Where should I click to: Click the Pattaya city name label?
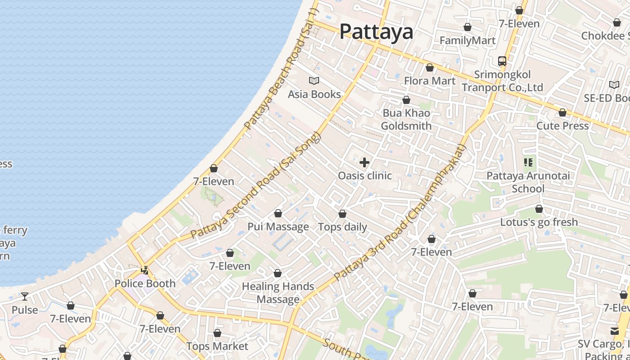(376, 31)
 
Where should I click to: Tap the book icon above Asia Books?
(314, 81)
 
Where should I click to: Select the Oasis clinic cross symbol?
(364, 162)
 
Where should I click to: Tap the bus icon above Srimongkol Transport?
(502, 61)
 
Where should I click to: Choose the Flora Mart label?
(430, 81)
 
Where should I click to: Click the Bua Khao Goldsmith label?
(406, 119)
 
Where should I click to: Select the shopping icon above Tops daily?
(342, 214)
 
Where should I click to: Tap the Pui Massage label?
(278, 226)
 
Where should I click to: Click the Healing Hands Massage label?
(278, 292)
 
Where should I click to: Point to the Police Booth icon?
(145, 270)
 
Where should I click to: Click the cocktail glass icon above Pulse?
(25, 297)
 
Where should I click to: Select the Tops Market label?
(217, 346)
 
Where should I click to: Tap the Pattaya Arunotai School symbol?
(528, 162)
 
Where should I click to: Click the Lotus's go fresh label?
(539, 222)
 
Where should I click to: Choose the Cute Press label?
(562, 126)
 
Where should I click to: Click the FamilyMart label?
(468, 40)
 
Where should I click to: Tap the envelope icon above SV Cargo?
(615, 331)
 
